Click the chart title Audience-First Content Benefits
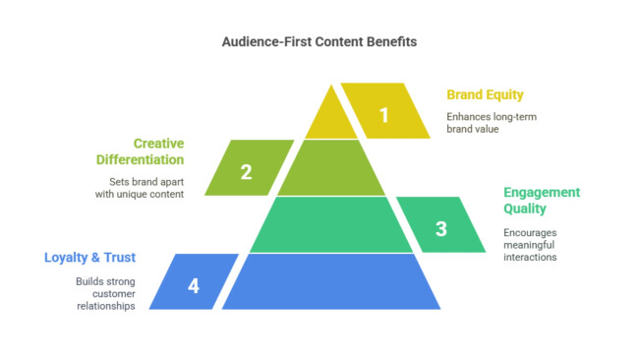point(319,43)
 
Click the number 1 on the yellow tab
point(384,115)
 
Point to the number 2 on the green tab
point(246,172)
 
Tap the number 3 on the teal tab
point(440,229)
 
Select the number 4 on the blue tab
point(193,286)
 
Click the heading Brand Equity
point(485,95)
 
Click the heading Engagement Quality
point(542,201)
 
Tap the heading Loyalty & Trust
point(89,258)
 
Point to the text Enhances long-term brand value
point(492,123)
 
